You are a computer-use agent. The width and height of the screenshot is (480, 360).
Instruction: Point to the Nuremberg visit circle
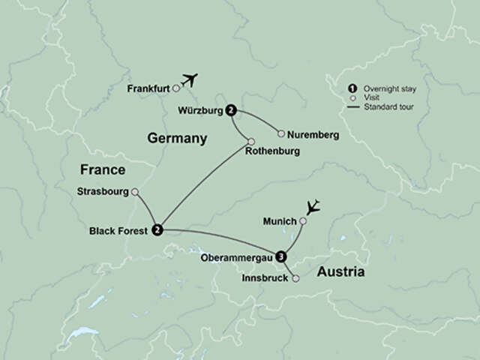point(281,134)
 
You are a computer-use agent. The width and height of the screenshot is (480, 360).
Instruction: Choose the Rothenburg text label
point(272,151)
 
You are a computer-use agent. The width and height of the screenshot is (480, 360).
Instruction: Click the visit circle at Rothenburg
point(251,142)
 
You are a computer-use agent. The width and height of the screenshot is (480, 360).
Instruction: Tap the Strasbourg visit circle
point(135,192)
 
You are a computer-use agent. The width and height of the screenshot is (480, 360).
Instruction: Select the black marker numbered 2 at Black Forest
point(157,229)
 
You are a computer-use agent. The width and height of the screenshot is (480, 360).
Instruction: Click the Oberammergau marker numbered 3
point(281,256)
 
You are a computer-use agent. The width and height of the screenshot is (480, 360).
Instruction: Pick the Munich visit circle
point(303,221)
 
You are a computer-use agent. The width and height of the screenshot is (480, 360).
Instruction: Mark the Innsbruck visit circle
point(295,279)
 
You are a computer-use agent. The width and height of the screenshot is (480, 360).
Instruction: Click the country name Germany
point(177,139)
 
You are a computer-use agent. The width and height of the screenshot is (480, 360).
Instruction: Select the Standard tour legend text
point(389,107)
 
